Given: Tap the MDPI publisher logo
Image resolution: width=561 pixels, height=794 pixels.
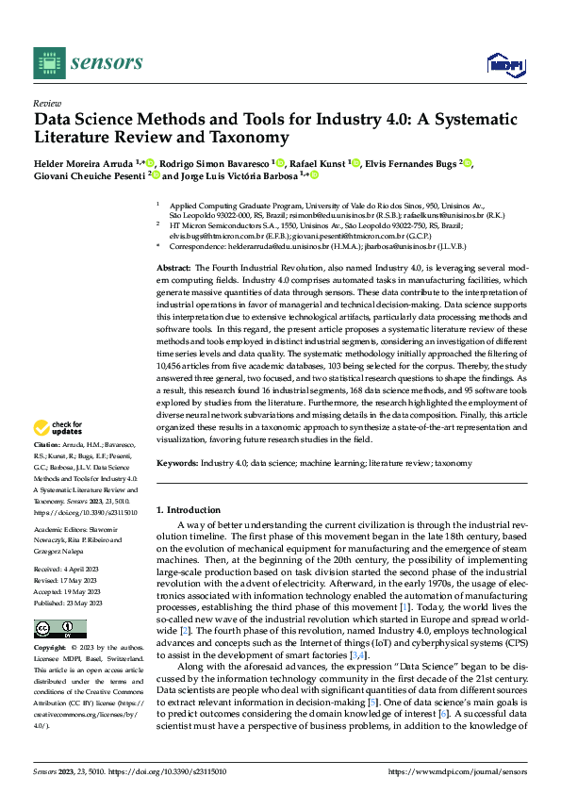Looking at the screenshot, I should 503,64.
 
